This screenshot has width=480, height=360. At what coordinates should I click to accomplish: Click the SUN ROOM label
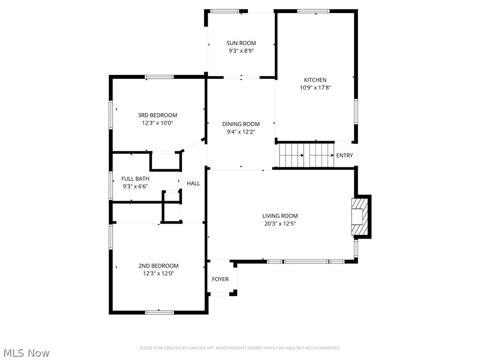(x=241, y=43)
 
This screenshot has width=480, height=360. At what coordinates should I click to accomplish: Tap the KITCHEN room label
(x=315, y=80)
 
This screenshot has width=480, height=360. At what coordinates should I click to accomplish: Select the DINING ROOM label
(x=241, y=124)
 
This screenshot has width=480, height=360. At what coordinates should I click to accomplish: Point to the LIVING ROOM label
(x=280, y=216)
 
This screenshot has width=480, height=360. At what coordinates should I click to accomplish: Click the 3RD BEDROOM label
(x=157, y=115)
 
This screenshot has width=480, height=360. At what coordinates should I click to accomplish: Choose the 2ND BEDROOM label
(x=158, y=266)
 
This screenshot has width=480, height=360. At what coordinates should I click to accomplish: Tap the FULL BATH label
(x=135, y=179)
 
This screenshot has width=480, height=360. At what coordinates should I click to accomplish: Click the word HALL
(x=194, y=183)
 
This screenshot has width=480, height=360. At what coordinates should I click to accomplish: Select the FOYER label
(x=220, y=279)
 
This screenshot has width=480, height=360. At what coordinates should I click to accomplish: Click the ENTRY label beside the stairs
(x=345, y=156)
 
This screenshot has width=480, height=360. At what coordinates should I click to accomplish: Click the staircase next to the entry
(x=307, y=155)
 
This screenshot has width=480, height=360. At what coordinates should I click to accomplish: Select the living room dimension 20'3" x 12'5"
(x=280, y=224)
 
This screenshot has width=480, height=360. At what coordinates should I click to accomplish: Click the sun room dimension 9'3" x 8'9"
(x=241, y=51)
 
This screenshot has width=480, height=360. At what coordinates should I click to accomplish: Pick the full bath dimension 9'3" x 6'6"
(x=135, y=186)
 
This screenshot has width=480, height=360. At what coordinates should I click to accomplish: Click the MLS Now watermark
(x=26, y=352)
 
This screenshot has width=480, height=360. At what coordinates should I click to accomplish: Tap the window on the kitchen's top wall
(x=313, y=11)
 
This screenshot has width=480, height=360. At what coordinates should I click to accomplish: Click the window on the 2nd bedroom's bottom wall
(x=159, y=312)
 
